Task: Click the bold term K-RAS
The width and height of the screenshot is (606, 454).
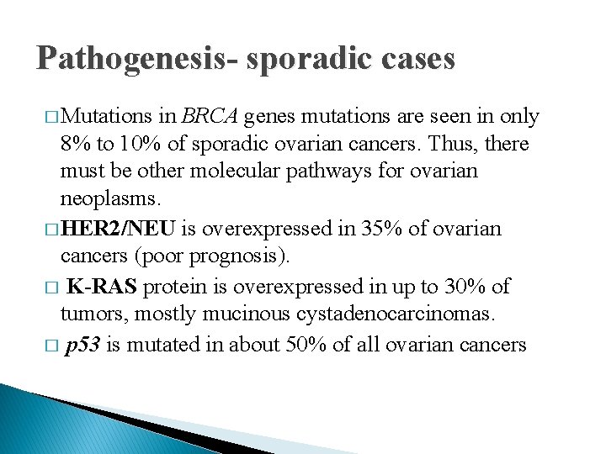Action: tap(103, 288)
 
